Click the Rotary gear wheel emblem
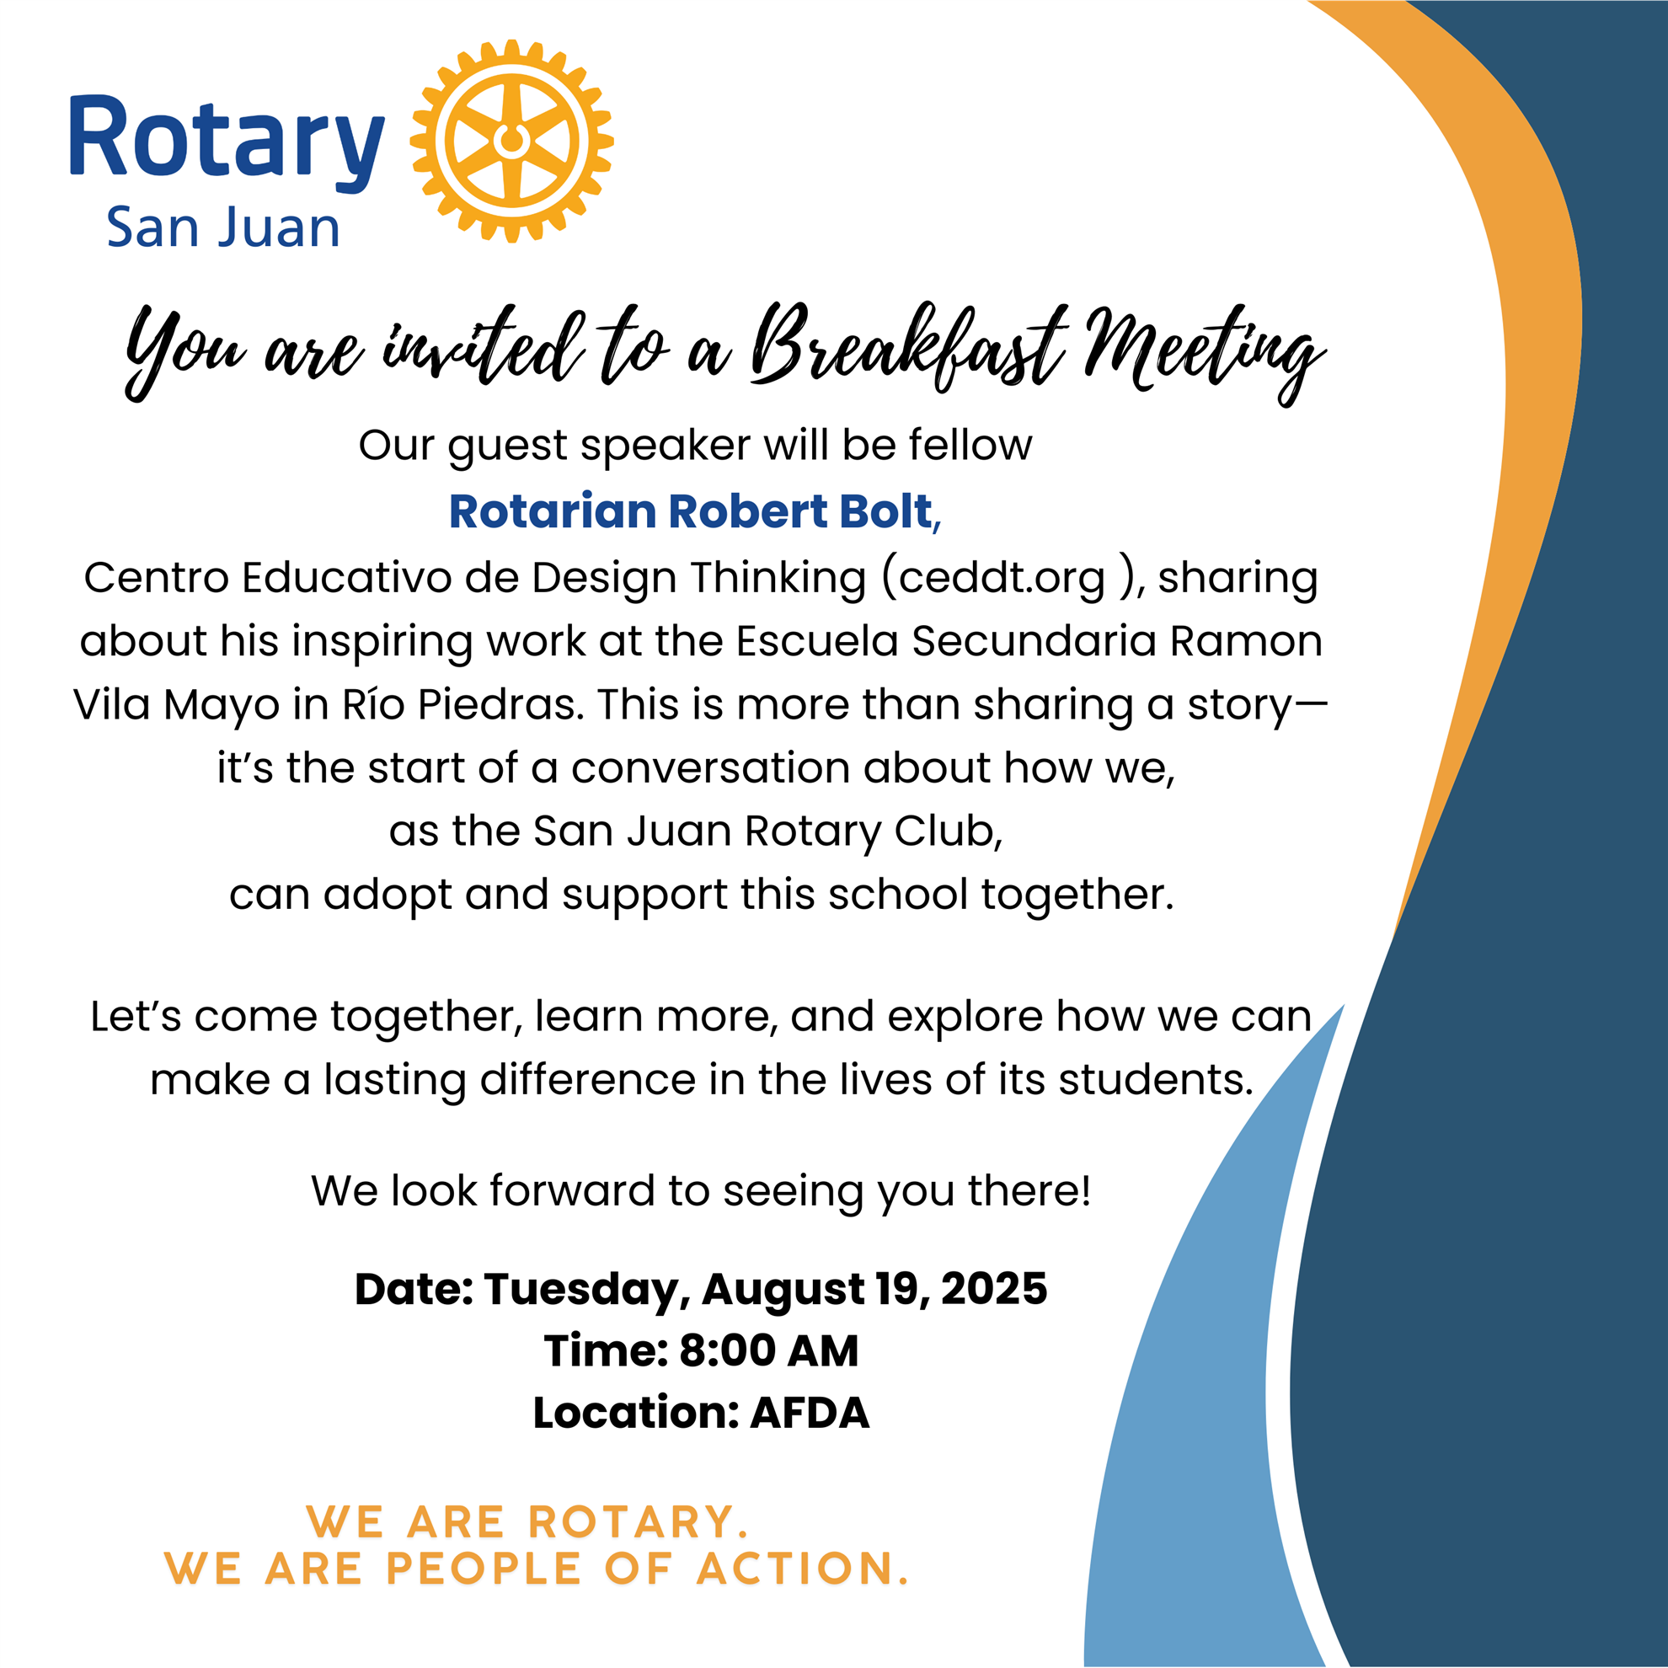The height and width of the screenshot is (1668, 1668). [x=512, y=141]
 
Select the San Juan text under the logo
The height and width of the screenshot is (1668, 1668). [x=222, y=228]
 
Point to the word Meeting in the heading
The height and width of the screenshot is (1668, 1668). [x=1205, y=354]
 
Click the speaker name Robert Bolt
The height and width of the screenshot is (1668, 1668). [x=800, y=511]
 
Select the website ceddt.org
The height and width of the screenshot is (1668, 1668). [x=1002, y=578]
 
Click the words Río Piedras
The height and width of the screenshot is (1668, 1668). [x=456, y=704]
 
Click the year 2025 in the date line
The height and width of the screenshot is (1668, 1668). [x=994, y=1289]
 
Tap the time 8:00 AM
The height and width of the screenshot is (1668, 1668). [x=768, y=1351]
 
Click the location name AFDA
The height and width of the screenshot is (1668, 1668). [x=809, y=1414]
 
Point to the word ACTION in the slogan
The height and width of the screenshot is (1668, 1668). [x=803, y=1569]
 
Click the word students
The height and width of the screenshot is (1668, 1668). [x=1156, y=1079]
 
